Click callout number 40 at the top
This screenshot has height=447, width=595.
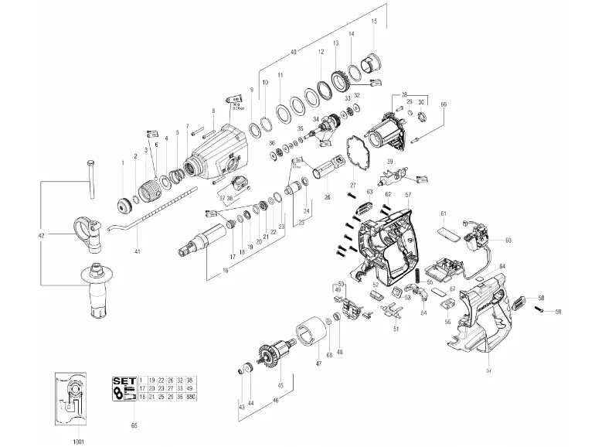coord(293,52)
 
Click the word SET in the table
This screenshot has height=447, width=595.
coord(124,380)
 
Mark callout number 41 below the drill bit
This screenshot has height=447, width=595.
coord(138,252)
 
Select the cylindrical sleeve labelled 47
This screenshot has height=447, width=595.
coord(312,333)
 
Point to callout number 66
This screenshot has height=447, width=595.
coord(444,104)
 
